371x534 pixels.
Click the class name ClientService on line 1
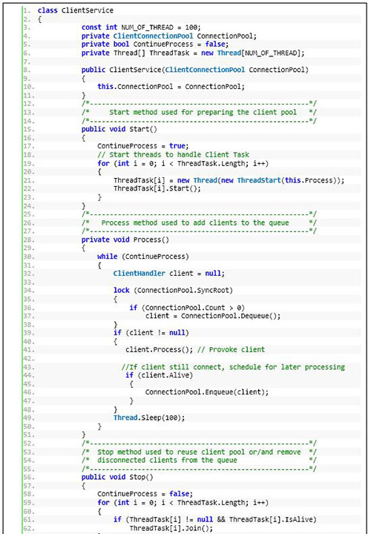coord(88,10)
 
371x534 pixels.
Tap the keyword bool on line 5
coord(121,44)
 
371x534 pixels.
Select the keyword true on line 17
coord(177,146)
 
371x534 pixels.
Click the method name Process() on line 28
coord(151,240)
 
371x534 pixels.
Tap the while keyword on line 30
coord(108,257)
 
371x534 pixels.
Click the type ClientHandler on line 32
coord(139,273)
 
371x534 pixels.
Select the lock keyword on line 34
coord(122,290)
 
